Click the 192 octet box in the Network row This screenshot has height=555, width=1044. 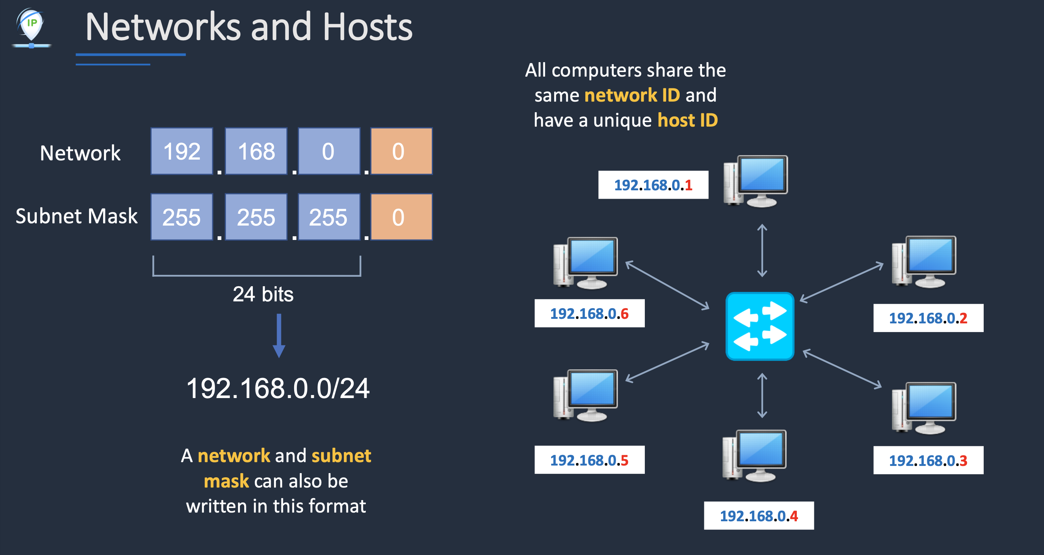click(x=182, y=151)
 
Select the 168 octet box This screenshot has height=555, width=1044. click(x=256, y=151)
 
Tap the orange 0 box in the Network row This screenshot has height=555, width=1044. click(x=401, y=151)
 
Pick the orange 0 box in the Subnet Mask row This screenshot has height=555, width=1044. click(x=401, y=217)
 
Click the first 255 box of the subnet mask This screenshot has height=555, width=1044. click(x=182, y=217)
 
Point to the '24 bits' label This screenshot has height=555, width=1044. click(x=263, y=294)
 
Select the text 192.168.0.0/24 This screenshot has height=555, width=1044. click(x=278, y=388)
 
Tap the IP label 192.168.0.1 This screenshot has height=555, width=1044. click(x=653, y=185)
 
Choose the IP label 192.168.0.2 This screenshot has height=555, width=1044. click(x=928, y=318)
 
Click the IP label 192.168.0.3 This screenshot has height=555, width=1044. click(x=928, y=461)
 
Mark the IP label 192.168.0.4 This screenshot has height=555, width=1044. click(x=759, y=516)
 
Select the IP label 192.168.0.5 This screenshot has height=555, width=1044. click(x=589, y=460)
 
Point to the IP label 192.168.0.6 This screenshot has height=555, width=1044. click(x=589, y=314)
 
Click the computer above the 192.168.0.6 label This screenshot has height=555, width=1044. click(x=586, y=263)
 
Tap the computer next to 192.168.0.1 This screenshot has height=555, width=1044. click(x=756, y=181)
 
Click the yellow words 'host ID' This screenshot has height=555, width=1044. click(x=687, y=121)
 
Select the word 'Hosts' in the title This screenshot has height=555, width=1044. click(x=367, y=27)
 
